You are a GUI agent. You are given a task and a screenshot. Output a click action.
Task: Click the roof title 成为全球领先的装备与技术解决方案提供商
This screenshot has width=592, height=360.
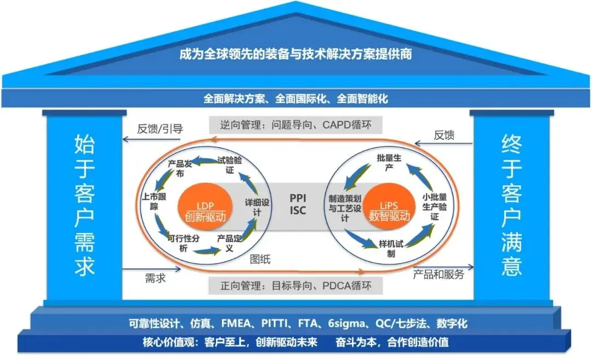click(296, 55)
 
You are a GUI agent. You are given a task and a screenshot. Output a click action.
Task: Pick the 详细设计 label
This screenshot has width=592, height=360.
click(258, 207)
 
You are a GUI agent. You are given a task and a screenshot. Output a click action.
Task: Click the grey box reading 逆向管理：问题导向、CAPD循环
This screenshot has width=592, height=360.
click(297, 125)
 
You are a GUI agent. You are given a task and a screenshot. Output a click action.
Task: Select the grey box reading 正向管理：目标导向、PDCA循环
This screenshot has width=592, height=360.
click(297, 285)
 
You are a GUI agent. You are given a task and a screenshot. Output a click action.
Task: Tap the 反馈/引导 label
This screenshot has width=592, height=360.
click(160, 130)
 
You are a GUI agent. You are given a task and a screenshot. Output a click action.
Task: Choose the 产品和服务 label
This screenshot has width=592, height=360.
click(439, 274)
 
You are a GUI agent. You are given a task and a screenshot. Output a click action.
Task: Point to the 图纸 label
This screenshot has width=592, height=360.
click(260, 259)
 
